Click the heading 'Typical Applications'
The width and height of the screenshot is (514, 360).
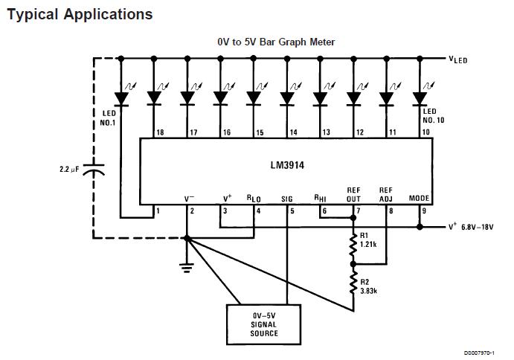click(x=80, y=14)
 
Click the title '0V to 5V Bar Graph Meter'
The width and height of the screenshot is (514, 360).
click(x=275, y=42)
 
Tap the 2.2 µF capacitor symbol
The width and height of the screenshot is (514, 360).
click(x=94, y=170)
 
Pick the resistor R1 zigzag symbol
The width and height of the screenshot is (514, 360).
click(x=353, y=248)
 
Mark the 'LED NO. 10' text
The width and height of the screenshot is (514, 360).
click(x=433, y=115)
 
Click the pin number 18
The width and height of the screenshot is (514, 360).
click(x=159, y=132)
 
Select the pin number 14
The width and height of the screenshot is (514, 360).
click(x=292, y=132)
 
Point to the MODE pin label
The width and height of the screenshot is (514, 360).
click(x=420, y=199)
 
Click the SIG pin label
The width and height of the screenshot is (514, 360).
click(x=288, y=199)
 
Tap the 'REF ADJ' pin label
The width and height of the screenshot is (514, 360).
click(x=385, y=194)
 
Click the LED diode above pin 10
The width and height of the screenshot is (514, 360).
click(x=420, y=97)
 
